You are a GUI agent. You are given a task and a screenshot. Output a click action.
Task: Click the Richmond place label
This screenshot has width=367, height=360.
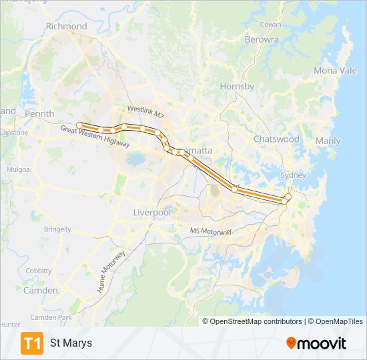[x=67, y=26]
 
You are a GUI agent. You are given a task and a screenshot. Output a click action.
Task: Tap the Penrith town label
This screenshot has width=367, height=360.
[x=39, y=114]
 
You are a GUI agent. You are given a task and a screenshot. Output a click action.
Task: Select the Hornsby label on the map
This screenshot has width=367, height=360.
[x=238, y=87]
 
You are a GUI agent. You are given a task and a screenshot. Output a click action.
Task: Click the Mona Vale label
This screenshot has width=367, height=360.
[x=335, y=71]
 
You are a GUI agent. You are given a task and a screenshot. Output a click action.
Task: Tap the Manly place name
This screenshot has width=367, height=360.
[x=328, y=141]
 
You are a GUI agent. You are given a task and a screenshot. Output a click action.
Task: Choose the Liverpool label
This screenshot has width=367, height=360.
[x=152, y=212]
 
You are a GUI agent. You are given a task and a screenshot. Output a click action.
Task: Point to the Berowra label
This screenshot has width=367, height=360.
[x=262, y=40]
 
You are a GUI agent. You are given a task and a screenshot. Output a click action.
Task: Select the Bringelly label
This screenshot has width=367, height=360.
[x=57, y=229]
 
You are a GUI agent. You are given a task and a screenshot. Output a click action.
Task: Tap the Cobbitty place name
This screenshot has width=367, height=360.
[x=38, y=271]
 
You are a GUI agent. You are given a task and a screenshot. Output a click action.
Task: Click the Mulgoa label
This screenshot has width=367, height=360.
[x=18, y=169]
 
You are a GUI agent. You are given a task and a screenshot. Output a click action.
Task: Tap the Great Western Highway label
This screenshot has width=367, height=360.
[x=95, y=136]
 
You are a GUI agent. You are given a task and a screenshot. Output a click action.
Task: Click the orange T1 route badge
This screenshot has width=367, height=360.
[x=32, y=343]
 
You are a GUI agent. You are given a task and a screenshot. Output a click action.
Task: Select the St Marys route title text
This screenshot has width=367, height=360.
[x=71, y=343]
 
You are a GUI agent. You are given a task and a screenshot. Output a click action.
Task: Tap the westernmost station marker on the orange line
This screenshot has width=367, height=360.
[x=79, y=125]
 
